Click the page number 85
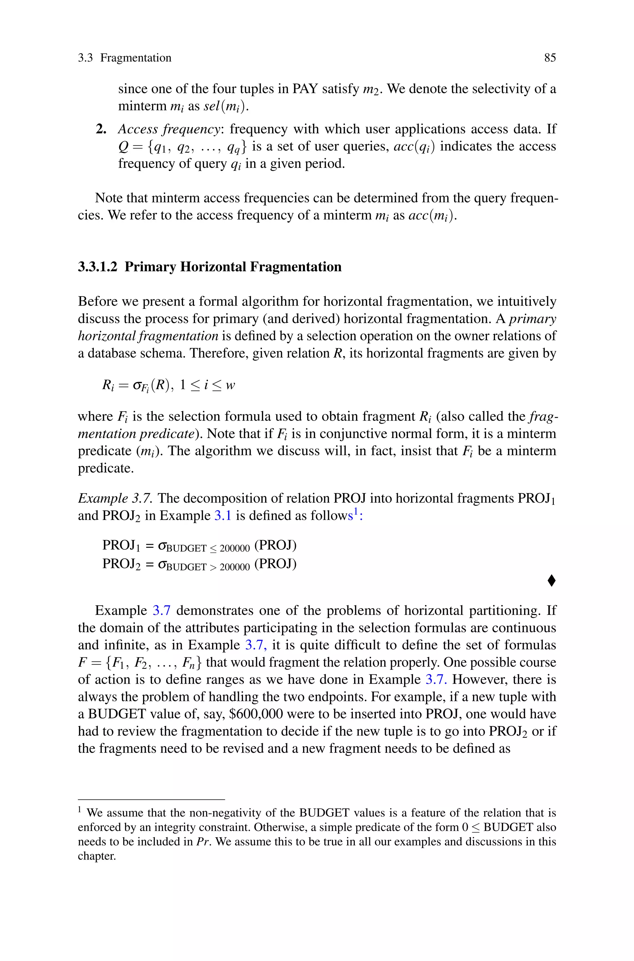(x=550, y=58)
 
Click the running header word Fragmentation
(x=136, y=58)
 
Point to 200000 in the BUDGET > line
(x=235, y=567)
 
